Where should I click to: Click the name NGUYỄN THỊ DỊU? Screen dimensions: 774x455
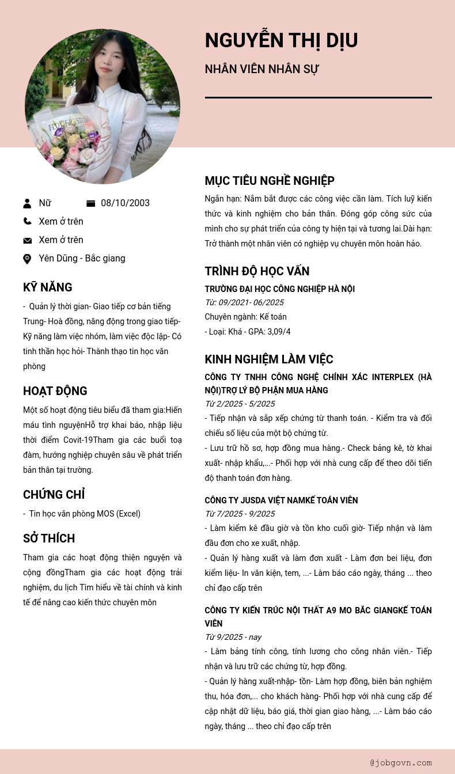point(281,40)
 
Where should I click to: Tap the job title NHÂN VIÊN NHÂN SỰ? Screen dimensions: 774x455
point(261,69)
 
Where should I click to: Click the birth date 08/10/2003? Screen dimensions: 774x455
point(125,203)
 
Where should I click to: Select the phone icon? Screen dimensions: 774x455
point(27,221)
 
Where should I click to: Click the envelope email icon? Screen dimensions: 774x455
point(27,240)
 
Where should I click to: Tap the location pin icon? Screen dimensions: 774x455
point(27,259)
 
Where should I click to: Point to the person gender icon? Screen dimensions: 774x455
point(27,203)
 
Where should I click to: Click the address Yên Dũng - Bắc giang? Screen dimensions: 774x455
point(82,259)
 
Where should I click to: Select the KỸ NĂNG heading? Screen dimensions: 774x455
point(47,287)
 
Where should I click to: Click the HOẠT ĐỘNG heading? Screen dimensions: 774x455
point(55,391)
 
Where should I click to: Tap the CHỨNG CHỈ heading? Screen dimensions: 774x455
point(54,495)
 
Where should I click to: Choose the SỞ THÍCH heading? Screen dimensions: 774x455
point(49,538)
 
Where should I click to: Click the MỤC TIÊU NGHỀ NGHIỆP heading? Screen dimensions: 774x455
point(270,181)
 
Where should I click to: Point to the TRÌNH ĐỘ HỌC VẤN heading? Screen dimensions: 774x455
point(257,271)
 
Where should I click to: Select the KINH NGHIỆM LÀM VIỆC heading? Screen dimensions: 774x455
point(268,359)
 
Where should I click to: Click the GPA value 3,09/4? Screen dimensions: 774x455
point(279,332)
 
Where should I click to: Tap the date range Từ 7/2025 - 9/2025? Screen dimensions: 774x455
point(240,514)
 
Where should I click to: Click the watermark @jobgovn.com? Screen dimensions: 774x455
point(401,762)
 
